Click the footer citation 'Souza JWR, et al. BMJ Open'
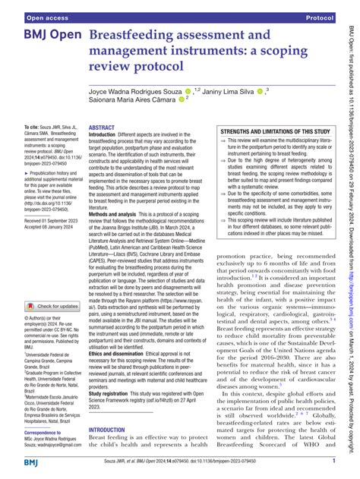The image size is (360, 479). (166, 462)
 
